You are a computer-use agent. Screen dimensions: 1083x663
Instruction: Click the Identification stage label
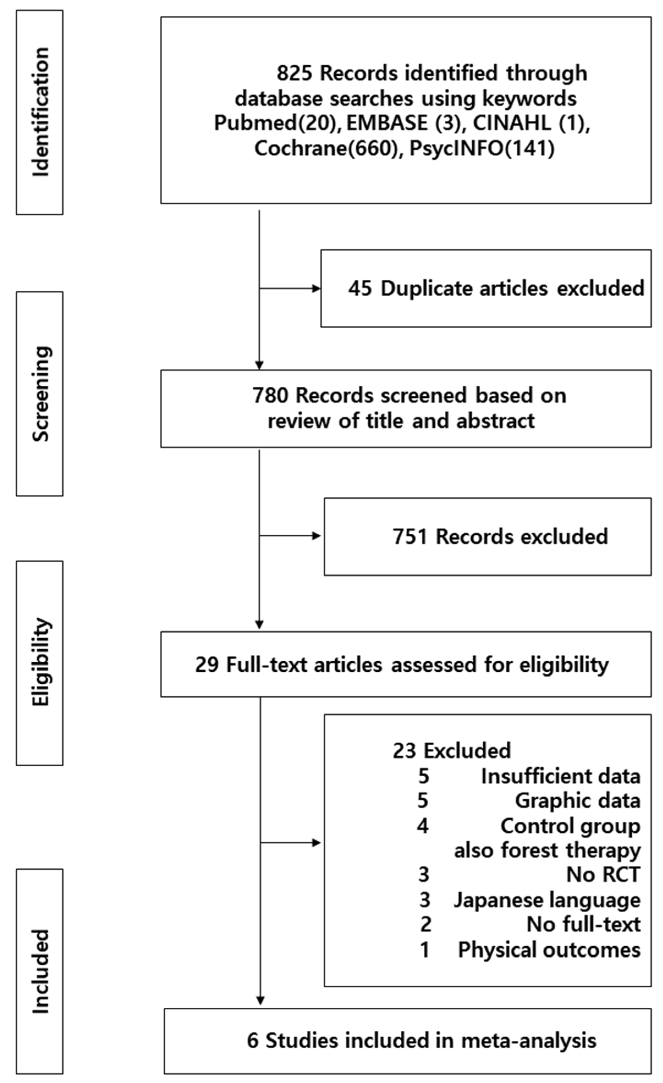[x=40, y=112]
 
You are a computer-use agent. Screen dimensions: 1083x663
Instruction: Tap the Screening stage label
[x=40, y=394]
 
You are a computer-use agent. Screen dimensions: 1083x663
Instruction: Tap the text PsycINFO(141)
[x=482, y=148]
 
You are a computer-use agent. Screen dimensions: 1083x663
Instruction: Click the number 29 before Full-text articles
[x=207, y=665]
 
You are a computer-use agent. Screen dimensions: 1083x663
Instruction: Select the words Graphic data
[x=577, y=801]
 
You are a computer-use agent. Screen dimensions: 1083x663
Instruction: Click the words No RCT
[x=603, y=875]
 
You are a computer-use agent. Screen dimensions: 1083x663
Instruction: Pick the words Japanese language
[x=547, y=900]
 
